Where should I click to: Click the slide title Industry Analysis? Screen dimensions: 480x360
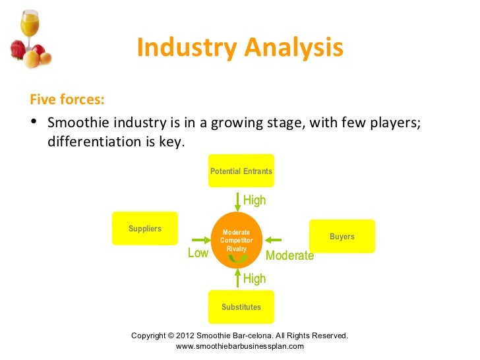[x=240, y=49]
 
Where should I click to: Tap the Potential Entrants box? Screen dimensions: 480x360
[x=241, y=171]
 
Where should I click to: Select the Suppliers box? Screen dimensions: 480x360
[x=145, y=229]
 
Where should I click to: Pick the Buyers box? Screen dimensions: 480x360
[x=342, y=236]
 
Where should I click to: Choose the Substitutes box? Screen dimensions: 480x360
[x=241, y=307]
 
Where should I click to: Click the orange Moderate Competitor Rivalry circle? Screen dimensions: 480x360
[x=236, y=241]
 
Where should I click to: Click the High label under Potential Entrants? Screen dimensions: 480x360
[x=255, y=200]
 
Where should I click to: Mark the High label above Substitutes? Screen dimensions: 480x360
[x=255, y=278]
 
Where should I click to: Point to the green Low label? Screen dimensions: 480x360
[x=198, y=253]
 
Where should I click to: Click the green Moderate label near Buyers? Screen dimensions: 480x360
[x=289, y=255]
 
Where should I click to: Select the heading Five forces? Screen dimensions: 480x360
[x=67, y=100]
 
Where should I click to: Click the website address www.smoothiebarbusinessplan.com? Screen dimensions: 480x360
[x=240, y=346]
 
